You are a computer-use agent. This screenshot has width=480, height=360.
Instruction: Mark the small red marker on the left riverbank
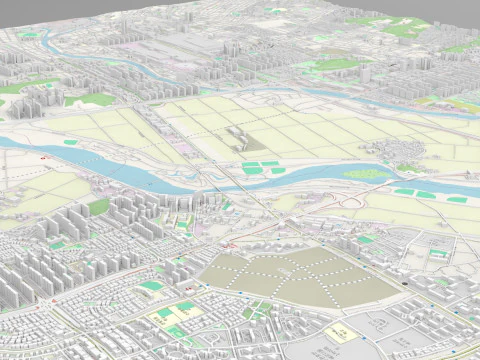click(x=43, y=158)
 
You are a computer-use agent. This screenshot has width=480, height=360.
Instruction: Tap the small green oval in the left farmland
click(x=70, y=142)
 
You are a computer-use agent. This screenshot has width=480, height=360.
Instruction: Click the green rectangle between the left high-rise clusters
click(x=98, y=207)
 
